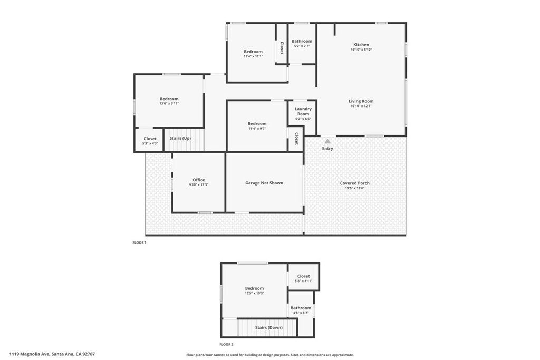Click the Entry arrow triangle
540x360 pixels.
click(x=327, y=141)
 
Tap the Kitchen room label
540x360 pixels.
click(x=361, y=45)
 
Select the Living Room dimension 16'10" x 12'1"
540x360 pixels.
click(x=361, y=106)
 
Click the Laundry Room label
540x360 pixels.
click(x=303, y=111)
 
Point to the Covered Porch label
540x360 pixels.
click(x=355, y=183)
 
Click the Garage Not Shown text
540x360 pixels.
click(x=264, y=183)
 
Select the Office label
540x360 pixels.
click(x=199, y=180)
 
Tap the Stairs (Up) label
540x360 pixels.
click(x=180, y=138)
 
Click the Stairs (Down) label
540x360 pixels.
click(x=269, y=328)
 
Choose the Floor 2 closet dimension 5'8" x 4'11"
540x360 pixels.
click(x=303, y=281)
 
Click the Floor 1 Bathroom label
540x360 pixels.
click(x=302, y=41)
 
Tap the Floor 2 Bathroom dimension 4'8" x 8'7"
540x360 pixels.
click(x=301, y=313)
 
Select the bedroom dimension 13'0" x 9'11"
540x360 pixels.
click(x=169, y=104)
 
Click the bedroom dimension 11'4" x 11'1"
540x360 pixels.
click(x=253, y=56)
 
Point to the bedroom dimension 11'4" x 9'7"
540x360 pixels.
click(x=257, y=129)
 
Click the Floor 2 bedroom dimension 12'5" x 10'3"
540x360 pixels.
click(x=255, y=293)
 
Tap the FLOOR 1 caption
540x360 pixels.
click(x=139, y=242)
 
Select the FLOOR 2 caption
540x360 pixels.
click(x=227, y=344)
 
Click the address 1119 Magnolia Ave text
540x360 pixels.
click(x=30, y=354)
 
